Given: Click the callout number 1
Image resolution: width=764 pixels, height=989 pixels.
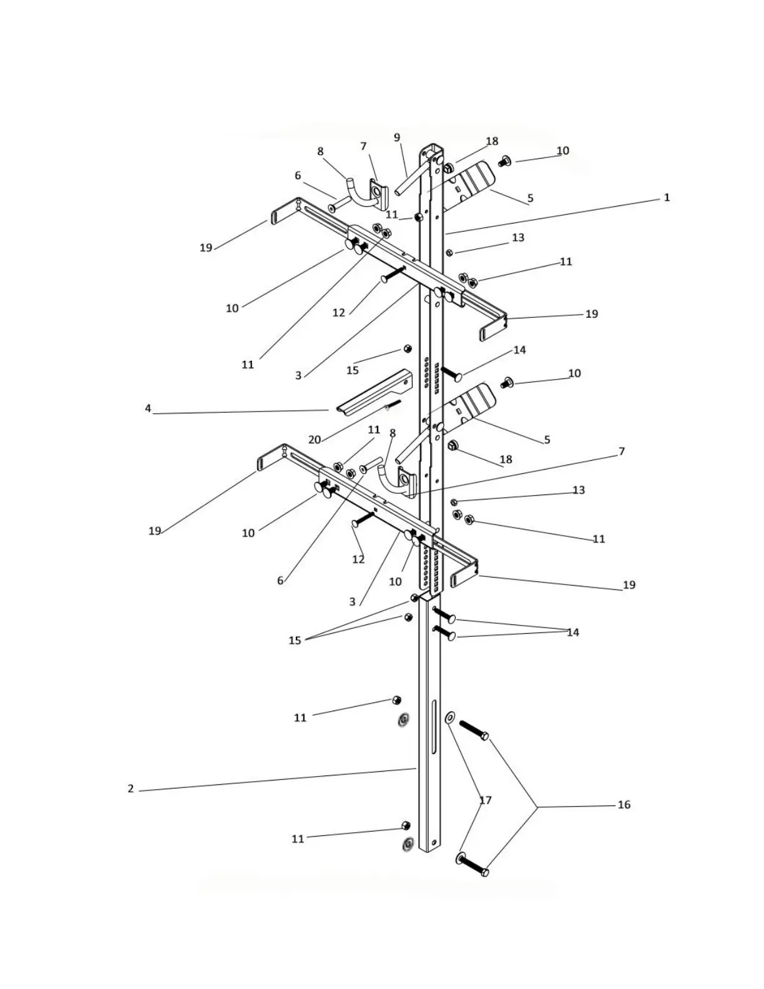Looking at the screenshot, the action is (x=667, y=197).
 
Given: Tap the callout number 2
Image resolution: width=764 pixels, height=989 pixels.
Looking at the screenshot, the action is (x=130, y=789).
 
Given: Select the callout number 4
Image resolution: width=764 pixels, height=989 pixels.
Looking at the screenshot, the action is (x=148, y=408).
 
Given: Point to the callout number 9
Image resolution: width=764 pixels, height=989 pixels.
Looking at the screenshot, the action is (x=397, y=137).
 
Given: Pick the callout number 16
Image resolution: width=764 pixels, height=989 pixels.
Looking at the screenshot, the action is (x=624, y=805).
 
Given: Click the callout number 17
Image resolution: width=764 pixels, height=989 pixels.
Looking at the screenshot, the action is (x=486, y=800).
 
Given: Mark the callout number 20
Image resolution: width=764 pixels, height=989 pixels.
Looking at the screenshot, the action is (x=315, y=440).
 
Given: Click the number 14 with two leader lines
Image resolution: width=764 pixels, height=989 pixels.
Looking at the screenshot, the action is (x=573, y=632).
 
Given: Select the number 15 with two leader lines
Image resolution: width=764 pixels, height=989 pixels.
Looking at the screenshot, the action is (x=295, y=640).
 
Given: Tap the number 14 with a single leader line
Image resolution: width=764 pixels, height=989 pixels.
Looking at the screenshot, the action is (x=520, y=350).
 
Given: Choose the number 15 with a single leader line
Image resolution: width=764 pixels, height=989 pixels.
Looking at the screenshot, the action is (x=353, y=370).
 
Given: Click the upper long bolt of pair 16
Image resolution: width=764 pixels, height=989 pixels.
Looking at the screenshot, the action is (x=474, y=730).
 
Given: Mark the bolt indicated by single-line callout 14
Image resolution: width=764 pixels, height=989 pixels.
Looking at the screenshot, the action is (x=451, y=373).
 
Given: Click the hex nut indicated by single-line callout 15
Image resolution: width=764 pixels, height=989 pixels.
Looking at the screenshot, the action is (x=408, y=348).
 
